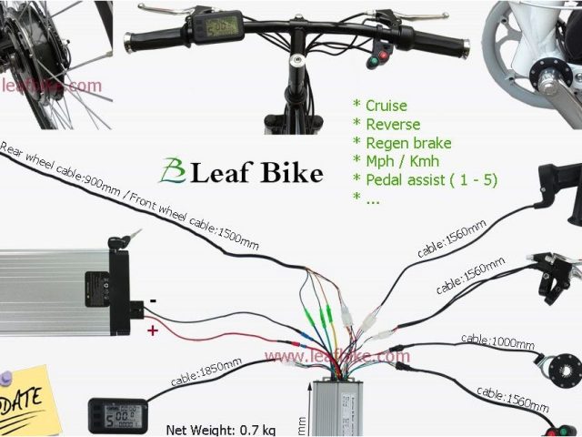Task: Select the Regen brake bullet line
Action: coord(406,143)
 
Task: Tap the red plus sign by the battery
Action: coord(153,330)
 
